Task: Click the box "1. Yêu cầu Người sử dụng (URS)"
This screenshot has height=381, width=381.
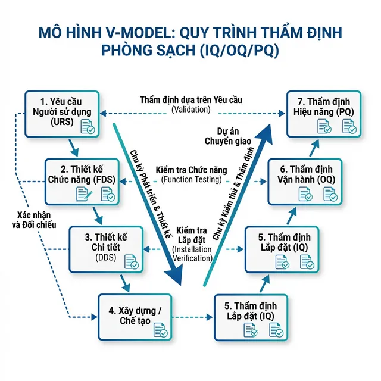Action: (60, 114)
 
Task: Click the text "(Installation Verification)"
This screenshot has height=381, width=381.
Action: (192, 253)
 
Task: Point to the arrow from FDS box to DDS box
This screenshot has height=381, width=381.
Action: (96, 214)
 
